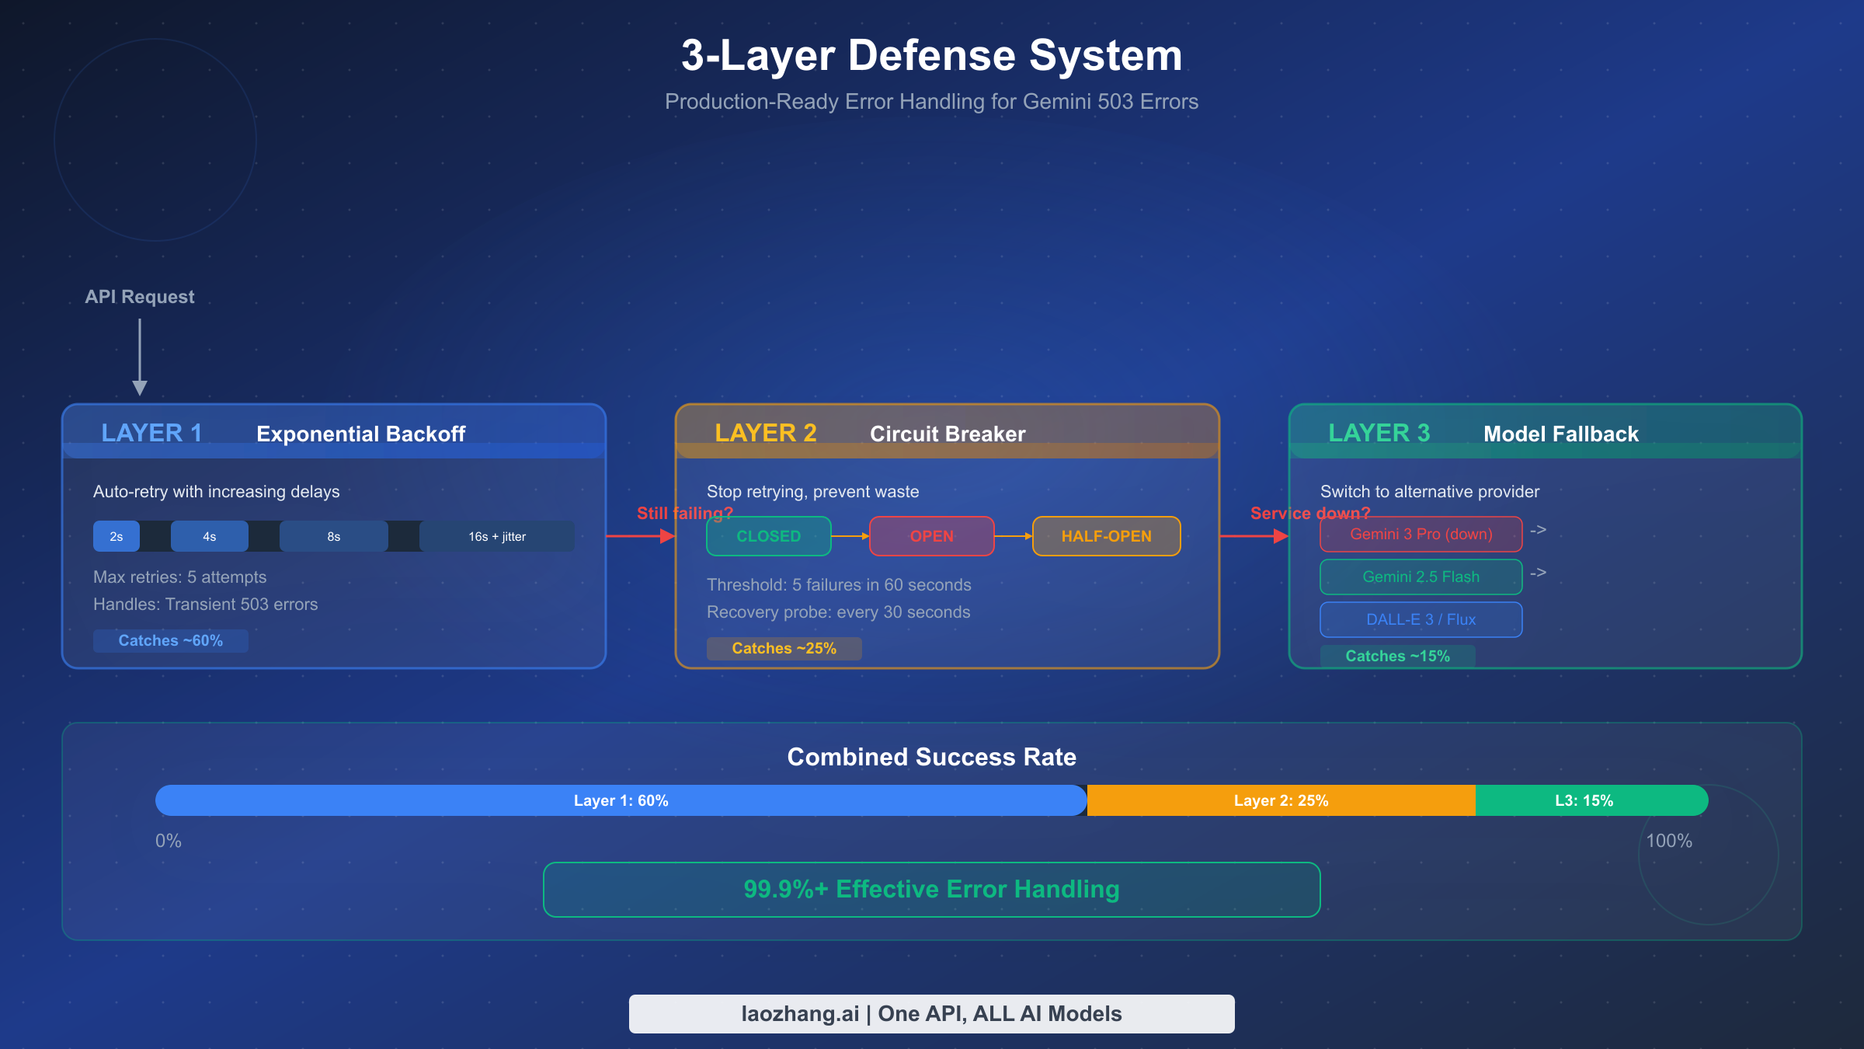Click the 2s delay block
116,536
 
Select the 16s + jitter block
497,536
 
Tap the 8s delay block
334,536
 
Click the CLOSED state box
768,536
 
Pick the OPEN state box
931,536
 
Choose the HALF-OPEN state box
1106,536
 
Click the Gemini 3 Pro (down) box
1421,534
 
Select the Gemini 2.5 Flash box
1421,577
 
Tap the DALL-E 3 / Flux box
1421,619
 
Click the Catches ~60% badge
170,640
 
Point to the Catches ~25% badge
784,648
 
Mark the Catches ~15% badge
1397,656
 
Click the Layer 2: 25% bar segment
1281,800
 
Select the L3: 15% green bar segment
1584,800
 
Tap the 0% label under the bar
168,841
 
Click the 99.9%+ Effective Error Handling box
931,889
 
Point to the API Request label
140,297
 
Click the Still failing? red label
683,513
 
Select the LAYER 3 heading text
1379,433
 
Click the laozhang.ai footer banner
931,1013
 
